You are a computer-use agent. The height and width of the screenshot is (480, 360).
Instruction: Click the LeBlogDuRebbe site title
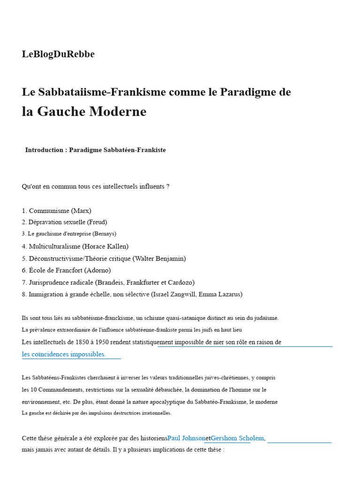(x=58, y=54)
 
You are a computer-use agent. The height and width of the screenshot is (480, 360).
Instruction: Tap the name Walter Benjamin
(x=159, y=258)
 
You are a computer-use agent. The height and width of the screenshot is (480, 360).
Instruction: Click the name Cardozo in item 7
(x=179, y=282)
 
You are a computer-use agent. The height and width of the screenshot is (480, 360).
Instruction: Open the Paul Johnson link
(x=186, y=438)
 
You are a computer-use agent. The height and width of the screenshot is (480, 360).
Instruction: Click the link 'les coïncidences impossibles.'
(x=64, y=354)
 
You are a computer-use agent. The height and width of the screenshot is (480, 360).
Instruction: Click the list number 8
(x=24, y=294)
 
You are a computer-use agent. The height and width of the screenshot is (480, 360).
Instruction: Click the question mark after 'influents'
(x=167, y=187)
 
